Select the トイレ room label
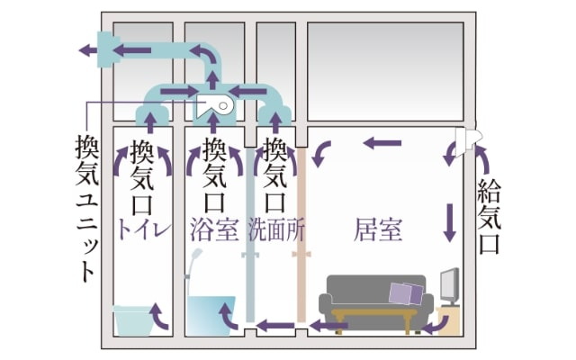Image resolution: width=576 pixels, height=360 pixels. coord(144,229)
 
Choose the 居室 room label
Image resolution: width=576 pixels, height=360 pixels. coord(378,229)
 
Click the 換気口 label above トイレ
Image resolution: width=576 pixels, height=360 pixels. coord(144,175)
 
